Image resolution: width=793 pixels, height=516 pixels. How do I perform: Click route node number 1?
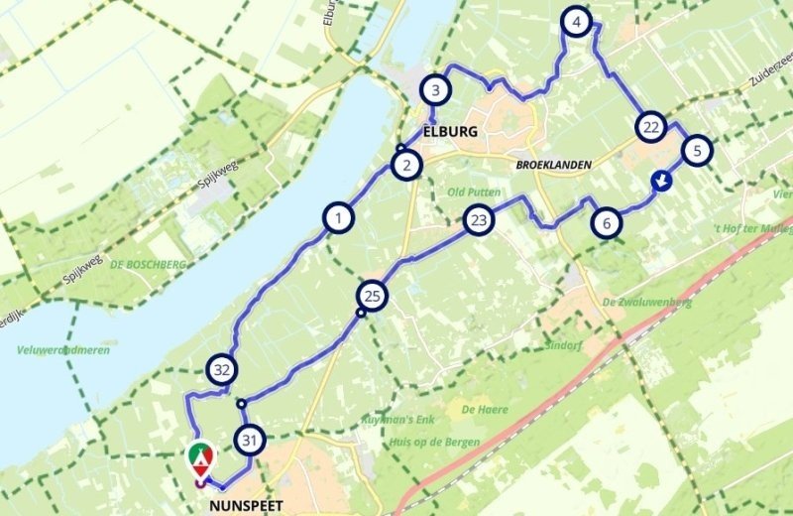click(x=338, y=217)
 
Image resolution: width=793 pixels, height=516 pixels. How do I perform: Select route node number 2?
click(x=406, y=165)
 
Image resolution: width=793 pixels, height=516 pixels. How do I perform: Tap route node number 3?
click(x=435, y=91)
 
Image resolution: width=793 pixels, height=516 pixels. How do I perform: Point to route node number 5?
click(x=697, y=151)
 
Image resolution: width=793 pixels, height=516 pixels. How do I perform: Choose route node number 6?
click(x=606, y=224)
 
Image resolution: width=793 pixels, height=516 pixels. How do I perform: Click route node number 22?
click(x=651, y=127)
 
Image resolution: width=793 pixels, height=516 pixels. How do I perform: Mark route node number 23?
click(x=479, y=221)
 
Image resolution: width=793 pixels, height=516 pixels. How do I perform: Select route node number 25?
click(x=372, y=295)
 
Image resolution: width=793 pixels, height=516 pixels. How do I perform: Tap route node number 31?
click(x=251, y=442)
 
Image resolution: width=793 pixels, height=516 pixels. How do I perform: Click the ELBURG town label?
click(x=450, y=131)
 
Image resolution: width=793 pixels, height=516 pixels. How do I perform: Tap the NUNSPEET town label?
click(x=247, y=505)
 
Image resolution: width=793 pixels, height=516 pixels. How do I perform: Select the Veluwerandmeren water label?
click(x=62, y=349)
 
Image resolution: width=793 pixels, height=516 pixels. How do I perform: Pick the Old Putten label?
click(x=470, y=192)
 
